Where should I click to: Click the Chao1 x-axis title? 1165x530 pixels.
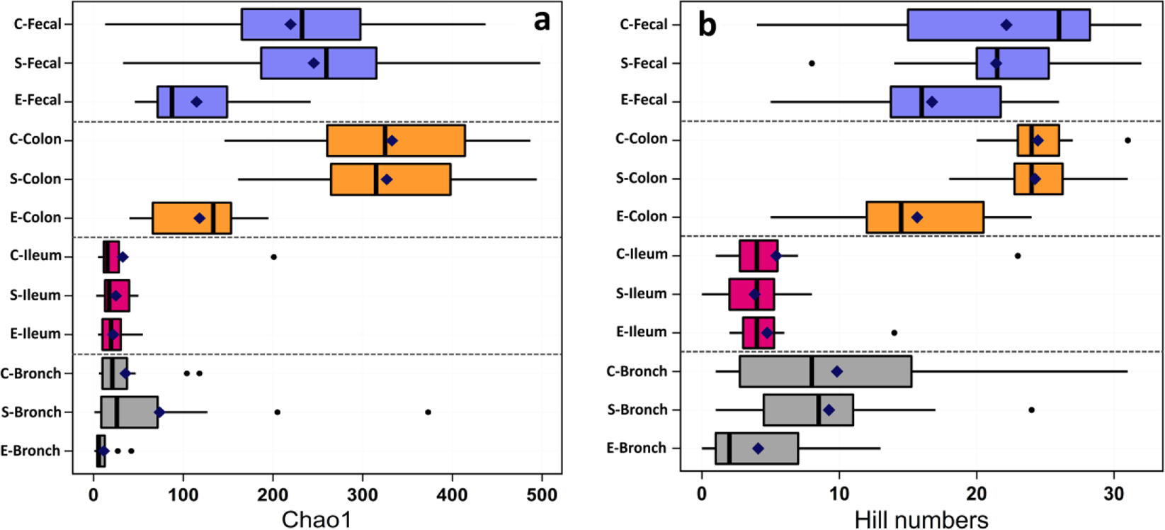[317, 519]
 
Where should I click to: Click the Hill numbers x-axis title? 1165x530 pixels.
[921, 519]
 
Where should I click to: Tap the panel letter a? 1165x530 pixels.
[542, 21]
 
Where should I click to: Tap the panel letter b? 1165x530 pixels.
[707, 25]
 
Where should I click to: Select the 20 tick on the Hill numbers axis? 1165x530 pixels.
[977, 494]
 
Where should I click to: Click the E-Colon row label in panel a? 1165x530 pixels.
[35, 218]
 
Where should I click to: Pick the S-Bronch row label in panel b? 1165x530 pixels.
[637, 410]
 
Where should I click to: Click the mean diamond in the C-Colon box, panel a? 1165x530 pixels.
[392, 140]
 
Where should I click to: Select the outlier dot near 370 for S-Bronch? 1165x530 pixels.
[428, 412]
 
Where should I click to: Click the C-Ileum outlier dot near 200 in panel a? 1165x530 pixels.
[273, 256]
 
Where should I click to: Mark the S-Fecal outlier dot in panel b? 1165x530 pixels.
[812, 63]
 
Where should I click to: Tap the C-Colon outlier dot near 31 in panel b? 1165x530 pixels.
[1127, 140]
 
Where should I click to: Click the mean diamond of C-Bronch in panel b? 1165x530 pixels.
[837, 371]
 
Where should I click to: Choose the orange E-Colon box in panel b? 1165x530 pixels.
[924, 217]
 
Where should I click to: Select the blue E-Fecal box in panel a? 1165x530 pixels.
[192, 101]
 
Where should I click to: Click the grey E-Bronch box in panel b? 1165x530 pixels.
[756, 448]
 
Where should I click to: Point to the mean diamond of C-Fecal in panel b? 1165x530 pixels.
[1006, 25]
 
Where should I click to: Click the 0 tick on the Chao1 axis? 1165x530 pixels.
[93, 494]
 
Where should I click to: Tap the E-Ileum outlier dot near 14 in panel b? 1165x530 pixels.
[894, 332]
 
